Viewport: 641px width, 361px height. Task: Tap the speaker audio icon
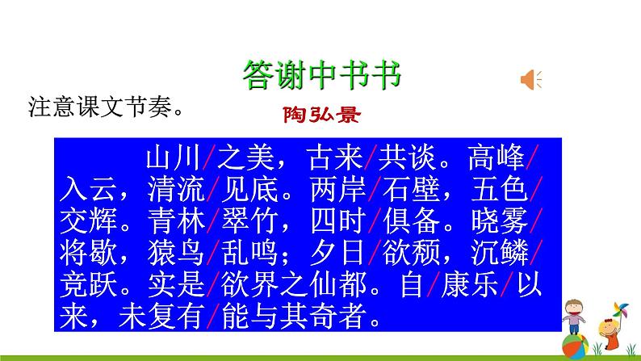point(531,79)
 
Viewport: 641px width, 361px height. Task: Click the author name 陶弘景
point(320,115)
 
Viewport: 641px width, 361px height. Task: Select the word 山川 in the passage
point(174,157)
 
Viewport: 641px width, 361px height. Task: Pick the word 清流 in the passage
point(174,191)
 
